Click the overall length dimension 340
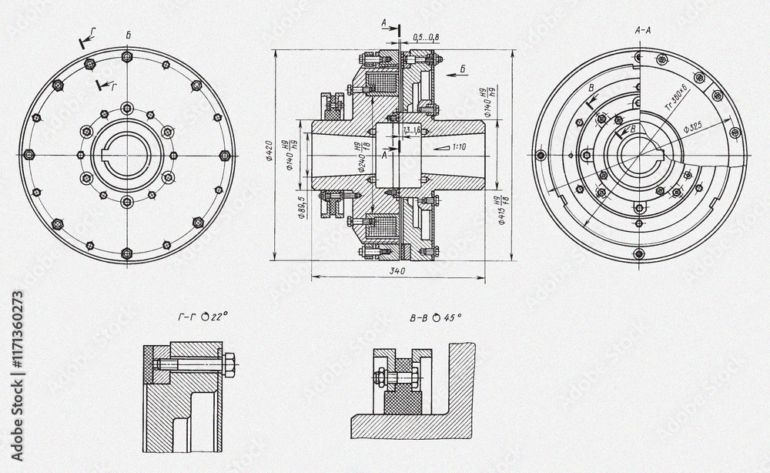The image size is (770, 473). tap(397, 270)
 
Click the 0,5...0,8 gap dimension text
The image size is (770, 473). tap(425, 37)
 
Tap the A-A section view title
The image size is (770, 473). tap(643, 31)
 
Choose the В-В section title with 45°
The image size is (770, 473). tap(436, 317)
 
